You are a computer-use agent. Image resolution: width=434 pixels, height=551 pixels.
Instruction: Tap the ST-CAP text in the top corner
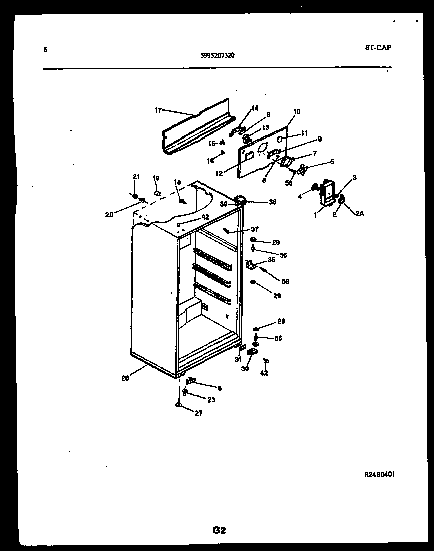(377, 48)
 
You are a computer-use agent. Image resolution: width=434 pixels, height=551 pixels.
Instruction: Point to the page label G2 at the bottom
(220, 530)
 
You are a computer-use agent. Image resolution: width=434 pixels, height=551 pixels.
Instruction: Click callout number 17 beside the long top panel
(158, 110)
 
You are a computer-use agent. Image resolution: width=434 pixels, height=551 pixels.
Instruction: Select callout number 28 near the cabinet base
(125, 379)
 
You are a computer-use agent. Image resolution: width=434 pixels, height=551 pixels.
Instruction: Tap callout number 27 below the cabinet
(198, 414)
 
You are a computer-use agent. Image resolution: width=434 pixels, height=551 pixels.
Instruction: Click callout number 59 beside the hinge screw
(285, 281)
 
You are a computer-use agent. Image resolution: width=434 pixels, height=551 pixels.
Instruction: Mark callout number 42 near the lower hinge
(264, 373)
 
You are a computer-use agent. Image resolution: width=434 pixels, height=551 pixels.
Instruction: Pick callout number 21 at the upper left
(135, 176)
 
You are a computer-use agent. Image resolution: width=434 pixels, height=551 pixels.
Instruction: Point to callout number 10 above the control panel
(297, 111)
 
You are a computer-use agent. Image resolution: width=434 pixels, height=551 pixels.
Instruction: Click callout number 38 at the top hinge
(273, 203)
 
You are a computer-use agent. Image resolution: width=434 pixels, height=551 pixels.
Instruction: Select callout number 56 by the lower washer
(278, 338)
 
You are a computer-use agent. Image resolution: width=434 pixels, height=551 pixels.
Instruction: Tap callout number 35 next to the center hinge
(271, 260)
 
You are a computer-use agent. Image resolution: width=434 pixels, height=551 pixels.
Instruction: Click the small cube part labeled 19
(157, 192)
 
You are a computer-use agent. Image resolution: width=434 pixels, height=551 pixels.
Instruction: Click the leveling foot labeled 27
(179, 405)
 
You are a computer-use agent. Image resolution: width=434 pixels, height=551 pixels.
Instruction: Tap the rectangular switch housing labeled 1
(328, 193)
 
